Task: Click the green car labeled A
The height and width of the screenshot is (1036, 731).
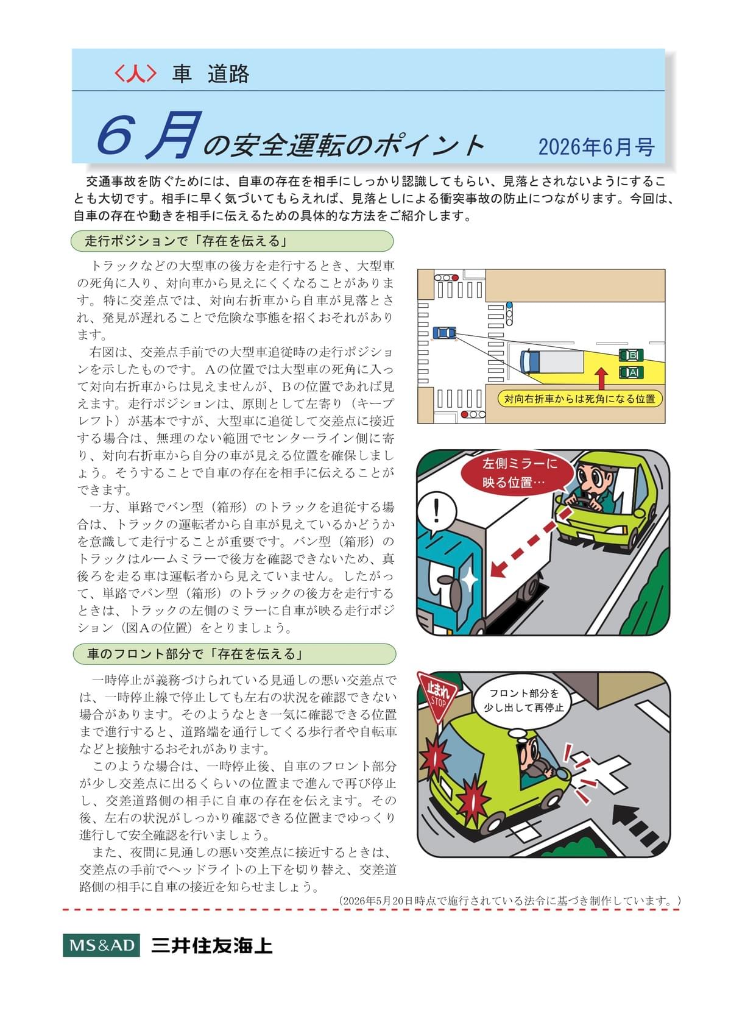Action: (x=631, y=372)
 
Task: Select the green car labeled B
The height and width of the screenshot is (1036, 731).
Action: (x=631, y=355)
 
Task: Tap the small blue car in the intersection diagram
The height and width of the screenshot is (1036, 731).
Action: (x=444, y=333)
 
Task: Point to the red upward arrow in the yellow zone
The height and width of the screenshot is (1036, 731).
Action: (x=601, y=379)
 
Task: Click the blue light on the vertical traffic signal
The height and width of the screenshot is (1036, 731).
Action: (x=509, y=305)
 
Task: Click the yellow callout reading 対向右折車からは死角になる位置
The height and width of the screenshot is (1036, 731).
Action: (x=579, y=399)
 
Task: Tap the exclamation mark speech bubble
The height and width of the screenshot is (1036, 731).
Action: (x=437, y=513)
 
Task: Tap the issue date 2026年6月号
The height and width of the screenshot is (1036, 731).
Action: (x=596, y=147)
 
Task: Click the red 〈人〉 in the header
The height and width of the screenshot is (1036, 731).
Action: (x=135, y=74)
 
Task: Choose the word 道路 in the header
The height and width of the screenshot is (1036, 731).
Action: (x=228, y=74)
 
